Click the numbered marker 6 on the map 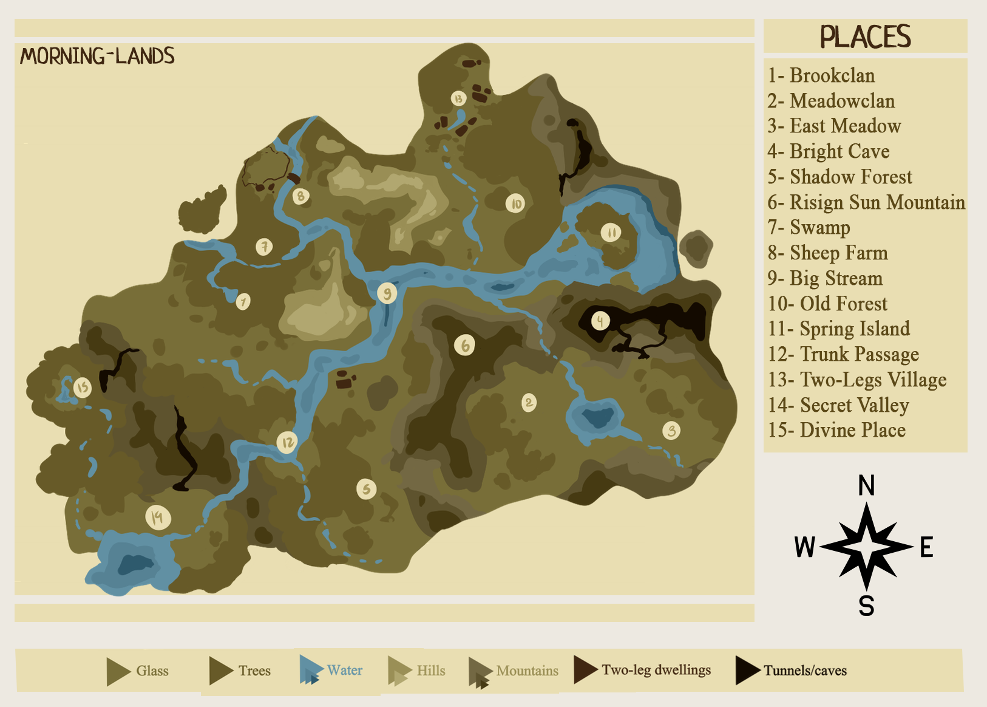click(465, 345)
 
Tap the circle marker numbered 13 click(459, 98)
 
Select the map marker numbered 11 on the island click(611, 232)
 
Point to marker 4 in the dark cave click(600, 321)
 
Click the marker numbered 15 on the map click(82, 387)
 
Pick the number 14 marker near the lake click(158, 517)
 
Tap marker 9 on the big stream click(387, 293)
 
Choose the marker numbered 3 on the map click(671, 431)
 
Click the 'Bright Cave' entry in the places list click(829, 151)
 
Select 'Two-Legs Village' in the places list click(857, 380)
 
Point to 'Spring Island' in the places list click(839, 329)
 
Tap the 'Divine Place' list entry click(836, 430)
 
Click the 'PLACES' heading click(865, 36)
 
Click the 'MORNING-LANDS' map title click(97, 56)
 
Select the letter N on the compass click(866, 485)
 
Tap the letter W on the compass click(804, 547)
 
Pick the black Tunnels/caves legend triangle click(747, 670)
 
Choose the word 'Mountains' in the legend click(527, 671)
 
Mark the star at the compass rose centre click(867, 547)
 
